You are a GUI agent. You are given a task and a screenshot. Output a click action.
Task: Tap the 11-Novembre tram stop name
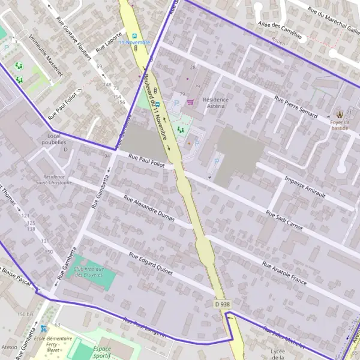point(134,43)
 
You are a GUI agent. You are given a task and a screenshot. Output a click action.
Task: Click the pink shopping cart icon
point(191,102)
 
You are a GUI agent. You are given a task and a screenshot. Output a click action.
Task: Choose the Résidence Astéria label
point(215,103)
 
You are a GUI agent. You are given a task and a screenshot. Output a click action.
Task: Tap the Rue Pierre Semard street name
point(295,107)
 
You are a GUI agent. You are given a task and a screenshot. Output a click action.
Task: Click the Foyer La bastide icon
point(340,113)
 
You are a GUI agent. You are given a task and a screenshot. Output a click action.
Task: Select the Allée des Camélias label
point(278,30)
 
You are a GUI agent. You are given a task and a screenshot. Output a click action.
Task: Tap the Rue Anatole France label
point(284,274)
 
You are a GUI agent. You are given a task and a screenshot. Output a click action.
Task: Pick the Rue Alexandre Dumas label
point(149,208)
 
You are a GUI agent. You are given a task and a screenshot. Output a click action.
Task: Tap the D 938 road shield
point(222,304)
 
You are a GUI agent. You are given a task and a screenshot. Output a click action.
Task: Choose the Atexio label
point(9,347)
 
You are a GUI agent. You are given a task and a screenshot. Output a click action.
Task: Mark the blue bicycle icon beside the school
point(43,328)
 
